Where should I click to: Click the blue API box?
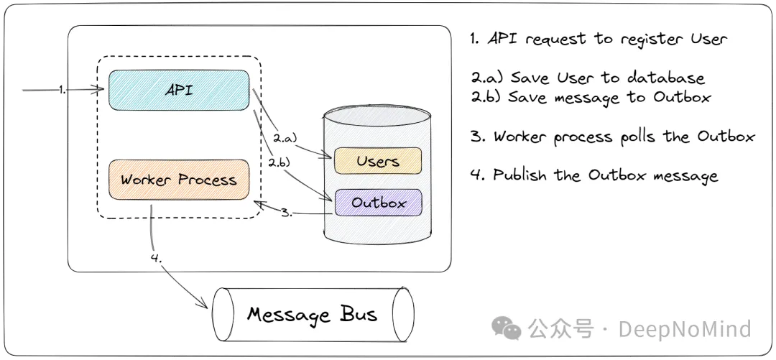click(x=179, y=90)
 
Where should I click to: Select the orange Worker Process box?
click(x=179, y=179)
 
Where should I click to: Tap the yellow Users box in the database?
click(x=377, y=161)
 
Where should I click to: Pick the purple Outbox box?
click(x=378, y=203)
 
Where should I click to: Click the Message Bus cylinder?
click(x=312, y=314)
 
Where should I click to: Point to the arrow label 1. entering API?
click(x=63, y=89)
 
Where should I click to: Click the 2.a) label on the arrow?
click(x=285, y=137)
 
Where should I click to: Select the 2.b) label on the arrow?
click(x=280, y=162)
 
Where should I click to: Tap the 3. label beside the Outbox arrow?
click(x=287, y=213)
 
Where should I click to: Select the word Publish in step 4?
click(x=520, y=175)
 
